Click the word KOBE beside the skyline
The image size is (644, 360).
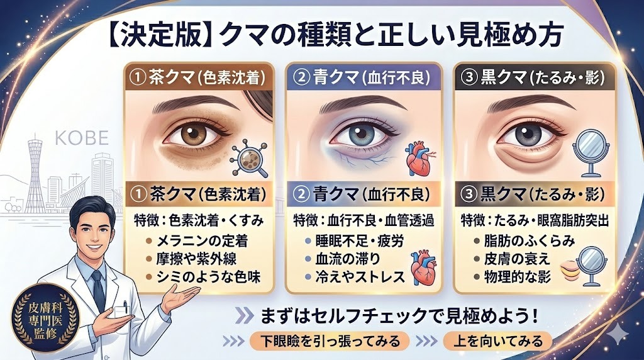pyautogui.click(x=82, y=138)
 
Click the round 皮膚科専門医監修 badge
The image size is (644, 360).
pyautogui.click(x=42, y=318)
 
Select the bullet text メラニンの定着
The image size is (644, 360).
pyautogui.click(x=202, y=240)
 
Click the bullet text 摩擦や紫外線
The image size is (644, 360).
pyautogui.click(x=196, y=259)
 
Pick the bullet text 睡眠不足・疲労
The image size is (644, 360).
pyautogui.click(x=359, y=240)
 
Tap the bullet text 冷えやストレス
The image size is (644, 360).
pyautogui.click(x=360, y=277)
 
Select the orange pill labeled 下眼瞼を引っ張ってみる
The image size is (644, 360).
pyautogui.click(x=330, y=340)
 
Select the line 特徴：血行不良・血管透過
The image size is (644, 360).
pyautogui.click(x=364, y=221)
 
